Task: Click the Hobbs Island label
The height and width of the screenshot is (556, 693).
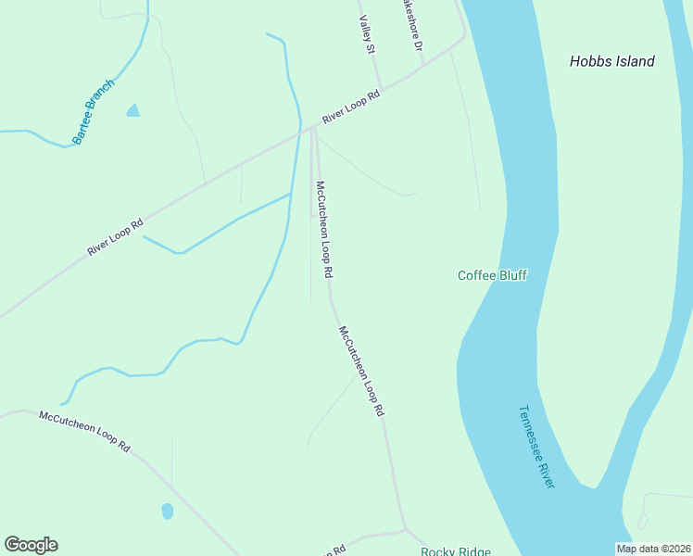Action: click(x=611, y=61)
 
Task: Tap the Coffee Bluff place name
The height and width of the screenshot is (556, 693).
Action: click(x=492, y=275)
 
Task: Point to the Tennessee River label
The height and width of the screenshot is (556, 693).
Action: click(x=536, y=447)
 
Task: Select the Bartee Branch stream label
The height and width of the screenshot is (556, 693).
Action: click(x=93, y=112)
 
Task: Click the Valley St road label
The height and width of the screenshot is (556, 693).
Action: click(x=367, y=33)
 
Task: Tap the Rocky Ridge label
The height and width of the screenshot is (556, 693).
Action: click(x=455, y=551)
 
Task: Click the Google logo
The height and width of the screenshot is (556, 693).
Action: click(x=31, y=545)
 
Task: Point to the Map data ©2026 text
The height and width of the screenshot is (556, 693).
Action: click(x=654, y=549)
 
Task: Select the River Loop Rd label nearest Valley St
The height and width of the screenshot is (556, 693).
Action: click(x=351, y=107)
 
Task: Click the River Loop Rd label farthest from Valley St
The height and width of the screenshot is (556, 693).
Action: click(x=115, y=237)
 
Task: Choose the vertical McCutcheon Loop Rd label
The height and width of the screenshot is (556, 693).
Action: click(x=324, y=230)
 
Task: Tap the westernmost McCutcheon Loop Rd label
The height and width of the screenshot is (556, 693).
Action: click(x=84, y=431)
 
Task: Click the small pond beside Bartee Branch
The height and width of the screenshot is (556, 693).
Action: click(x=133, y=111)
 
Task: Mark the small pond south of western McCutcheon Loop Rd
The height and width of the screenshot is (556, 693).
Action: click(x=168, y=511)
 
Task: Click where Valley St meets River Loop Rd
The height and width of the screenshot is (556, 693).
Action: click(x=381, y=89)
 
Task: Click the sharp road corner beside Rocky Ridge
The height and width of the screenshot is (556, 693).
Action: click(x=405, y=529)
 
